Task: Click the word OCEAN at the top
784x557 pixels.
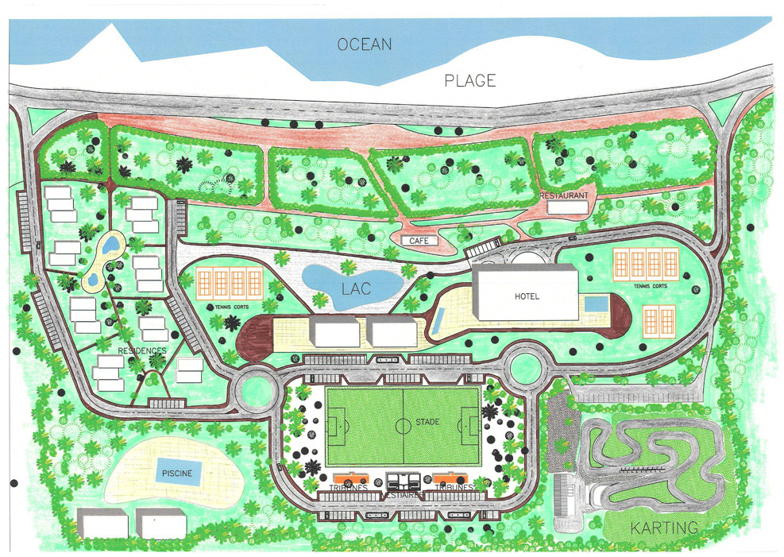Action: tap(365, 44)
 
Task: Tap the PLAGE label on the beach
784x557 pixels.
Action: tap(469, 80)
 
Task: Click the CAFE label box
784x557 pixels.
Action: tap(419, 240)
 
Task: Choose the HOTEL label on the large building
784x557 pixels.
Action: tap(525, 296)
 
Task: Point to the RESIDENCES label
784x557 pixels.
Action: tap(142, 350)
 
